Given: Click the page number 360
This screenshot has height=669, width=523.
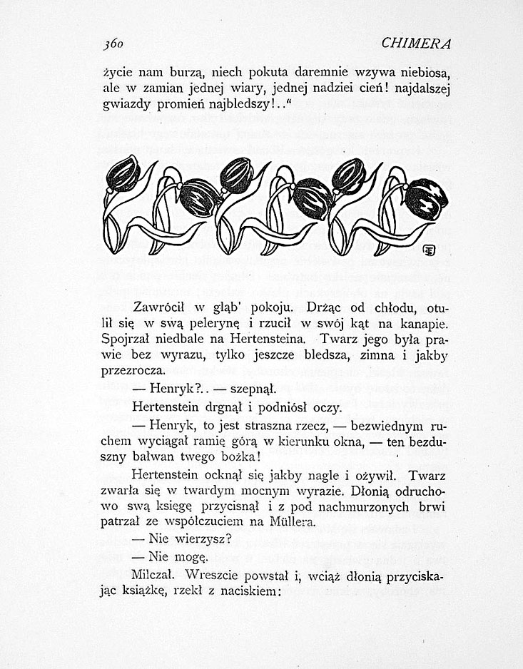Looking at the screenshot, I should [x=113, y=44].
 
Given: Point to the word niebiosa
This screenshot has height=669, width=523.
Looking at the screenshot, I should [x=425, y=72].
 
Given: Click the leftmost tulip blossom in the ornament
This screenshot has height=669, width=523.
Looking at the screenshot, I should [x=123, y=173].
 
